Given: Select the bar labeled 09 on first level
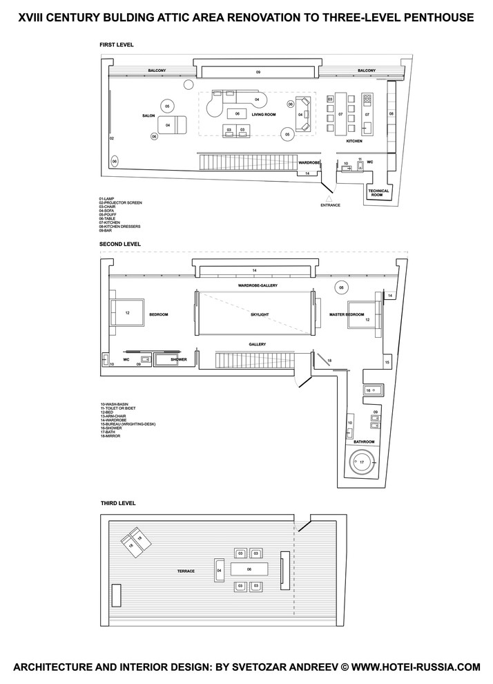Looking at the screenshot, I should point(258,71).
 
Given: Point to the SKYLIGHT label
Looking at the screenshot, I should point(255,314).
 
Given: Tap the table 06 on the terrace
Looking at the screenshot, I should point(249,570).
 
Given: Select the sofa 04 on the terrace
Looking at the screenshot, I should point(220,571).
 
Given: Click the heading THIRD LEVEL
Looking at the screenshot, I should point(117,503).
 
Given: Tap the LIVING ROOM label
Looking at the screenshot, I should point(264,115).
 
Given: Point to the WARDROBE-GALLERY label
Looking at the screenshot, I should point(254,285).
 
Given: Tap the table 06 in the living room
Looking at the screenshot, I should point(236,113).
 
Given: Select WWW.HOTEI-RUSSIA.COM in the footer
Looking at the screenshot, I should point(410,667).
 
